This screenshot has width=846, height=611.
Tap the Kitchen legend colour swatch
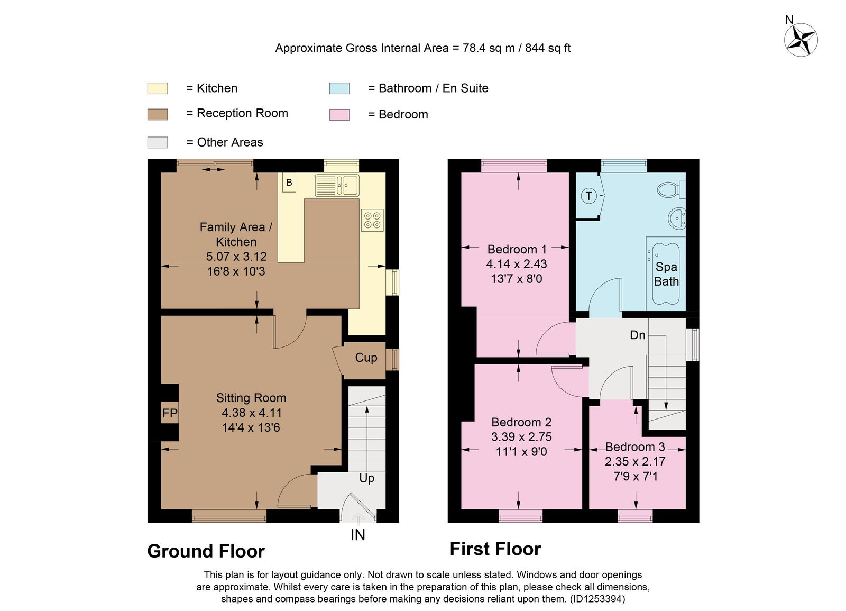pos(158,88)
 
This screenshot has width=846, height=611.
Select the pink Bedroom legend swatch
pos(339,115)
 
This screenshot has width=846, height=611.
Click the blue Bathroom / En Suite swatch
pos(339,88)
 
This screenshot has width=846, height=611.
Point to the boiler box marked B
pos(289,183)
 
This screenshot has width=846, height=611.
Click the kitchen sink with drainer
pos(337,185)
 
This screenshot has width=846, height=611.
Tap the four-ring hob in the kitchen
pos(372,220)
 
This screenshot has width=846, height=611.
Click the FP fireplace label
pos(170,413)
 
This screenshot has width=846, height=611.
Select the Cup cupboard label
pos(366,358)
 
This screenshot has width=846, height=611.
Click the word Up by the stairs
pos(367,478)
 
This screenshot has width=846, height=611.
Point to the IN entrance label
pos(357,535)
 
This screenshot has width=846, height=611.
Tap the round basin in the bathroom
pos(677,218)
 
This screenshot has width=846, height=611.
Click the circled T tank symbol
pos(588,196)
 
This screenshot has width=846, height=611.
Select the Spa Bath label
pos(666,274)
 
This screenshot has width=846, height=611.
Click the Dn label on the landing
pos(638,335)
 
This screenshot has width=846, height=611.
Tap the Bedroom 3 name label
pos(635,447)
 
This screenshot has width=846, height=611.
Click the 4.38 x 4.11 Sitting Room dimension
pos(252,413)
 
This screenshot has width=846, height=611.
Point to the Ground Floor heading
pos(206,551)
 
